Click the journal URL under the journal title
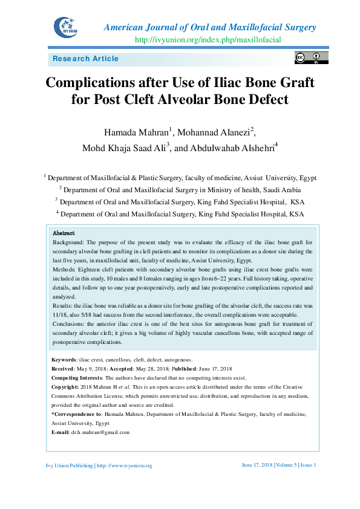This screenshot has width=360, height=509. click(208, 40)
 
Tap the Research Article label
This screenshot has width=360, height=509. click(86, 59)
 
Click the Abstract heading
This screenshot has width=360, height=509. click(64, 233)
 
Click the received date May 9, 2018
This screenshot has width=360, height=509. click(90, 368)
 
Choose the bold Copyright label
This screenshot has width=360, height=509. click(65, 386)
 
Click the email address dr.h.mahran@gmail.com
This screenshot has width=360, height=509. click(100, 432)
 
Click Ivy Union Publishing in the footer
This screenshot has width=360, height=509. click(70, 465)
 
